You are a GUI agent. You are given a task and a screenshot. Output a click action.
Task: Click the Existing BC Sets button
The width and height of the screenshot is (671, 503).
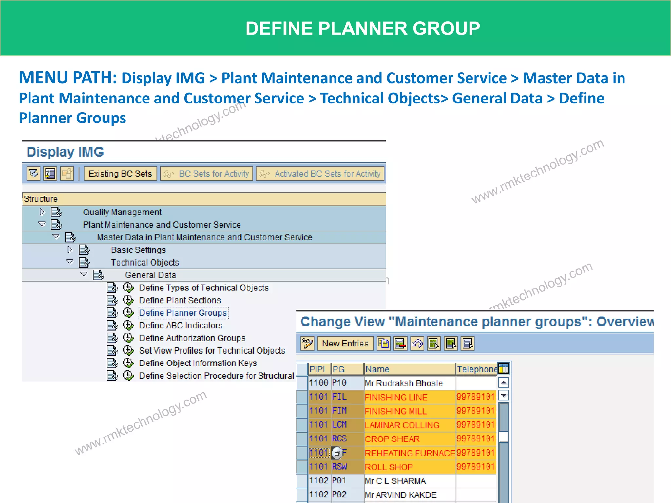(x=120, y=174)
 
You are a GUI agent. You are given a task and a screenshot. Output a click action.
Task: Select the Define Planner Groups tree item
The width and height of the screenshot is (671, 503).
(x=183, y=313)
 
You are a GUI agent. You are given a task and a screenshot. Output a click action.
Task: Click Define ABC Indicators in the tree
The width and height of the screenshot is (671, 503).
(x=181, y=326)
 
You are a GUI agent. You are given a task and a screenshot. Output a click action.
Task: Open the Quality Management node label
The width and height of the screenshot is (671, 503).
(x=122, y=212)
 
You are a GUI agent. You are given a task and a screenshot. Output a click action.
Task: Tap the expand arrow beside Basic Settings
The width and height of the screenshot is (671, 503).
(x=69, y=250)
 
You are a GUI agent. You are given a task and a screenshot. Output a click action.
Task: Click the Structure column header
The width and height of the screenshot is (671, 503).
(x=41, y=199)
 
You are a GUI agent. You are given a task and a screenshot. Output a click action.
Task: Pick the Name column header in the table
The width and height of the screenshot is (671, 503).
(x=409, y=369)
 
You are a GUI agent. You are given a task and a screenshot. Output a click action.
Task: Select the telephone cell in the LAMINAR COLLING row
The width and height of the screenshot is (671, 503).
(x=475, y=425)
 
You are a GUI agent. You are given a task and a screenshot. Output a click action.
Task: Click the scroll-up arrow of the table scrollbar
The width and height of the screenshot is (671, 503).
(x=504, y=382)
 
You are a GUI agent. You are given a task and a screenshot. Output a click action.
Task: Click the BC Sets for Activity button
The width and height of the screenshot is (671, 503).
(x=206, y=174)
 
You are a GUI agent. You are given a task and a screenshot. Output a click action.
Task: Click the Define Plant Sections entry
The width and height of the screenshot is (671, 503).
(x=180, y=300)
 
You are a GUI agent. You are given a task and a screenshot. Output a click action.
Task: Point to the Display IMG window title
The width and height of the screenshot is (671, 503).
(x=65, y=152)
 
